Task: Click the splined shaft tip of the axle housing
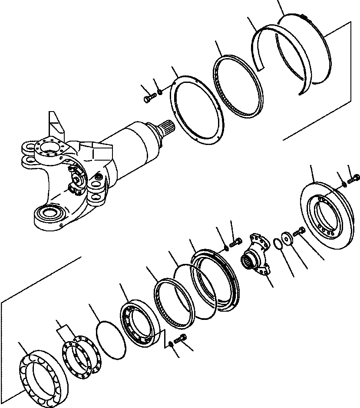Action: (166, 129)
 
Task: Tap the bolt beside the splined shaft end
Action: (147, 99)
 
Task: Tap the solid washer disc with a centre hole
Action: (287, 238)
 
